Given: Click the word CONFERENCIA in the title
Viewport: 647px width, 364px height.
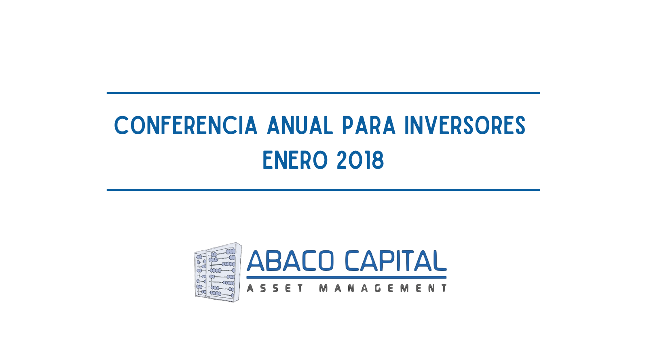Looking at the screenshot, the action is (186, 125).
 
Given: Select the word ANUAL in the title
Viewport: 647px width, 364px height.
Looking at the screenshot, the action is (300, 125).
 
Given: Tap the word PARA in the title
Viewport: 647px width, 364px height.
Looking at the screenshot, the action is (369, 125).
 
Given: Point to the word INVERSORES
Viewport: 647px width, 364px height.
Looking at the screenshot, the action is (465, 125).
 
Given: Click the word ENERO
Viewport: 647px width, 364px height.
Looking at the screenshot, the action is (295, 160).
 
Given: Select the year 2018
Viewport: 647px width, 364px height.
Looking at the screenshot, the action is (360, 160).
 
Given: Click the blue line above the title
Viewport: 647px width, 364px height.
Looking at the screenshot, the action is (323, 93).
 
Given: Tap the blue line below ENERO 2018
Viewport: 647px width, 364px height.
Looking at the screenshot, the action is (323, 190).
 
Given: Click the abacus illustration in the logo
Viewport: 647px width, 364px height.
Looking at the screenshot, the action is (218, 272).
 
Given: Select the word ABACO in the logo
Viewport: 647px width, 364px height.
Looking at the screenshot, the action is (290, 261).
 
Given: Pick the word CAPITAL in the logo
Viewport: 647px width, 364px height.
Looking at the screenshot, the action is (396, 261).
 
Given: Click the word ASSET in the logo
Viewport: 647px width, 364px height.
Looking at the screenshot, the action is (275, 288).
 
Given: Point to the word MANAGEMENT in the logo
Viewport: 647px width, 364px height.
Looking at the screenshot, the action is (383, 288).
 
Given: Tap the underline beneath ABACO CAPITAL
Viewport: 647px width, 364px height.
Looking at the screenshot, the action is (346, 277).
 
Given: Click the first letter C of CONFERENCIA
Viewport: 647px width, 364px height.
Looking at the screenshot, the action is (121, 125).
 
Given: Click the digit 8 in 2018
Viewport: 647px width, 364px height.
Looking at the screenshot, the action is (378, 160).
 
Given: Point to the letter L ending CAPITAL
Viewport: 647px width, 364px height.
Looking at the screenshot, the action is (440, 261).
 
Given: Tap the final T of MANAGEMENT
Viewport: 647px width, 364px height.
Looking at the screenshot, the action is (444, 288).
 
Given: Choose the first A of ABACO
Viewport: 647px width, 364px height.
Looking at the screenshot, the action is (256, 261).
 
